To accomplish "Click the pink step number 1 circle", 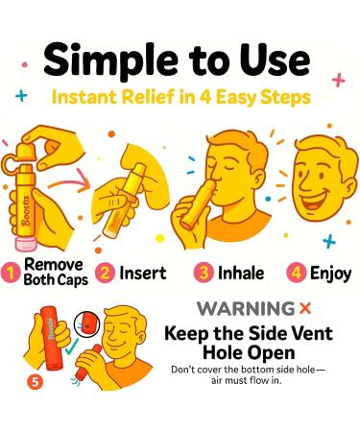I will [x=12, y=272].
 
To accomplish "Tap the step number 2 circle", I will [x=106, y=272].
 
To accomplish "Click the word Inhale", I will [x=242, y=272].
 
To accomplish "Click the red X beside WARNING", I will [x=306, y=310].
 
